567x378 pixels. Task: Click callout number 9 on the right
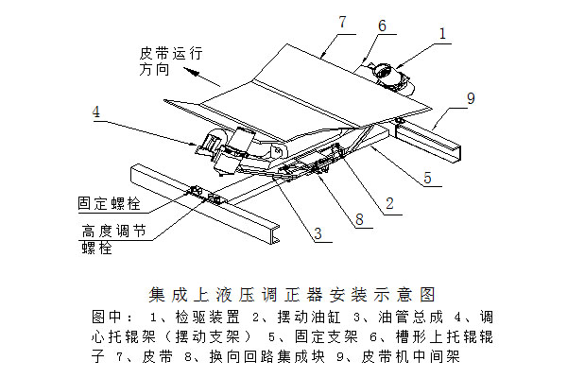point(470,96)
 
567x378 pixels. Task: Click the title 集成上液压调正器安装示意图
point(284,294)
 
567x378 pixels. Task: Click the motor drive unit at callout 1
point(388,75)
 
